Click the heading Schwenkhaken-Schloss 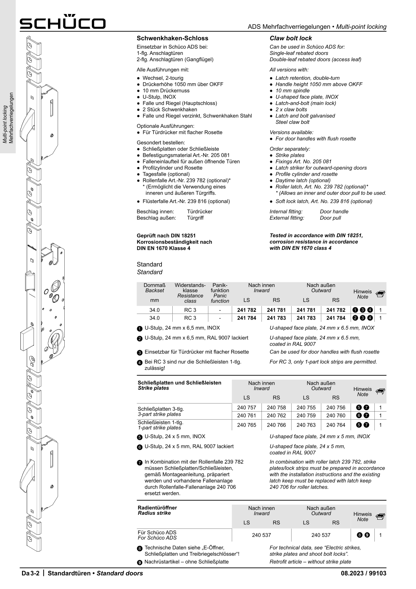tap(172, 38)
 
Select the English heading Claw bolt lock tap(291, 38)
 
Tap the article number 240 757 tap(246, 407)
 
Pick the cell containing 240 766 tap(276, 425)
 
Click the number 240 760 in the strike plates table tap(336, 415)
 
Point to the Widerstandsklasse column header tap(190, 293)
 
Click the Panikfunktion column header tap(220, 293)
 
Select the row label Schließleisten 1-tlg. tap(160, 422)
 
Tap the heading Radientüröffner tap(157, 507)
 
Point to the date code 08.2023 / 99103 tap(364, 573)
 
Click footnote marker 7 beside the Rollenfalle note tap(139, 463)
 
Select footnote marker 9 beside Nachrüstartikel tap(139, 562)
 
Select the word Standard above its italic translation tap(149, 264)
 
